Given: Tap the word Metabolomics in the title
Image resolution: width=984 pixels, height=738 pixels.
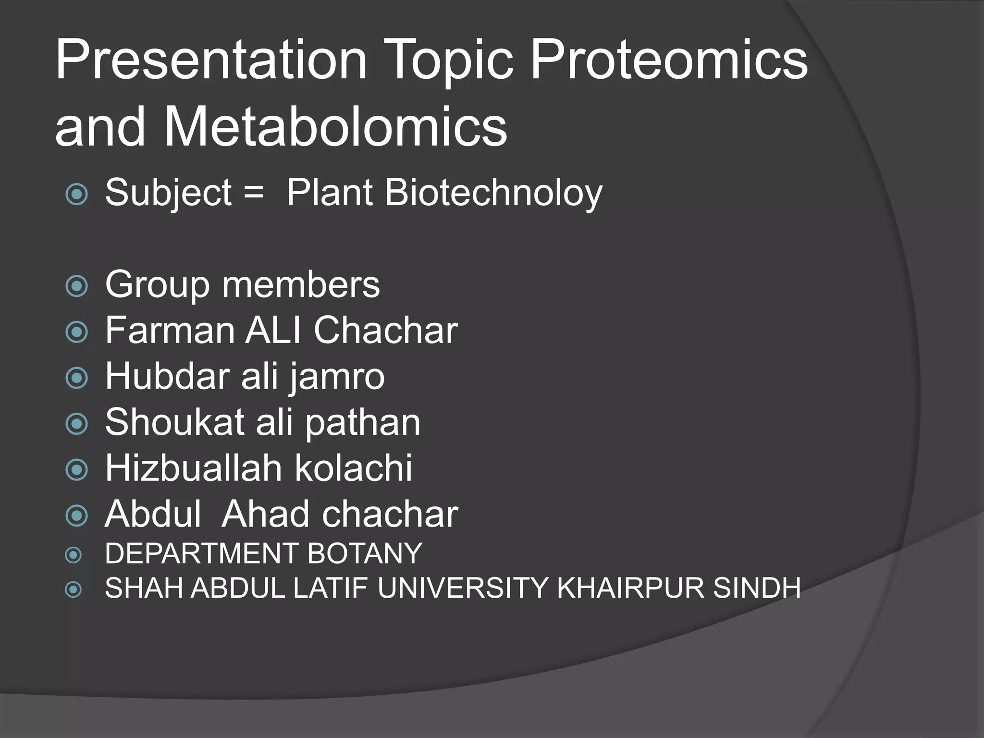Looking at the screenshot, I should coord(335,128).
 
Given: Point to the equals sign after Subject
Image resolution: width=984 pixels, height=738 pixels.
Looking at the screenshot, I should coord(253,192).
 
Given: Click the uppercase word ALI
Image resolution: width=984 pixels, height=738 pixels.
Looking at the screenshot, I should coord(274,331).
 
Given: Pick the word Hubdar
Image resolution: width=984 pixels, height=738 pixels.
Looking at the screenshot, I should coord(167,376).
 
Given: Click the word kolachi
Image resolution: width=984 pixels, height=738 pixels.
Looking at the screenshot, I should coord(354,468).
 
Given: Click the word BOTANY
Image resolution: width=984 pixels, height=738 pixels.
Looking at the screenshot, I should coord(365,553).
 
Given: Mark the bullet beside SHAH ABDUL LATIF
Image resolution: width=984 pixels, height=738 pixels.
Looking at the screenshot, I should coord(74,589).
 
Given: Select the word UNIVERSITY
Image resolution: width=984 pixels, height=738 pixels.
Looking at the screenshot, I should coord(463,588).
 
